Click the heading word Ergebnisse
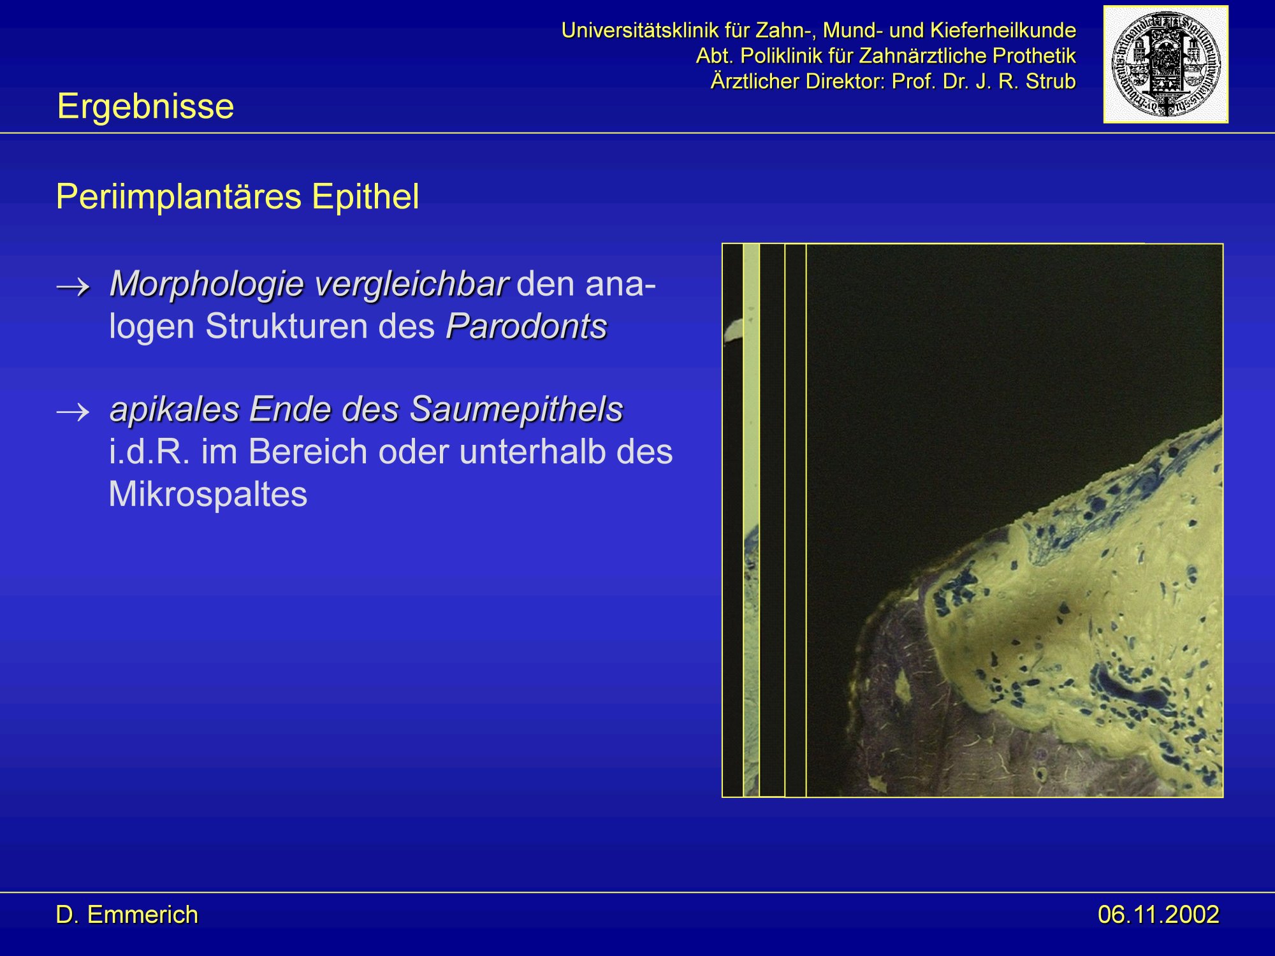145,106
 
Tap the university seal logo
1166,64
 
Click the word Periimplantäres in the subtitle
178,196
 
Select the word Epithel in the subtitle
365,196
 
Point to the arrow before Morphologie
73,287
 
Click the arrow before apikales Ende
73,413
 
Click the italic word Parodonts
527,326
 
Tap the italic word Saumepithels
516,410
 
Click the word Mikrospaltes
208,495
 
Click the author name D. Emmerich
127,915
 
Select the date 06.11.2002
1158,915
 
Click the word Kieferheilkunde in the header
1003,30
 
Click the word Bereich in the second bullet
295,452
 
